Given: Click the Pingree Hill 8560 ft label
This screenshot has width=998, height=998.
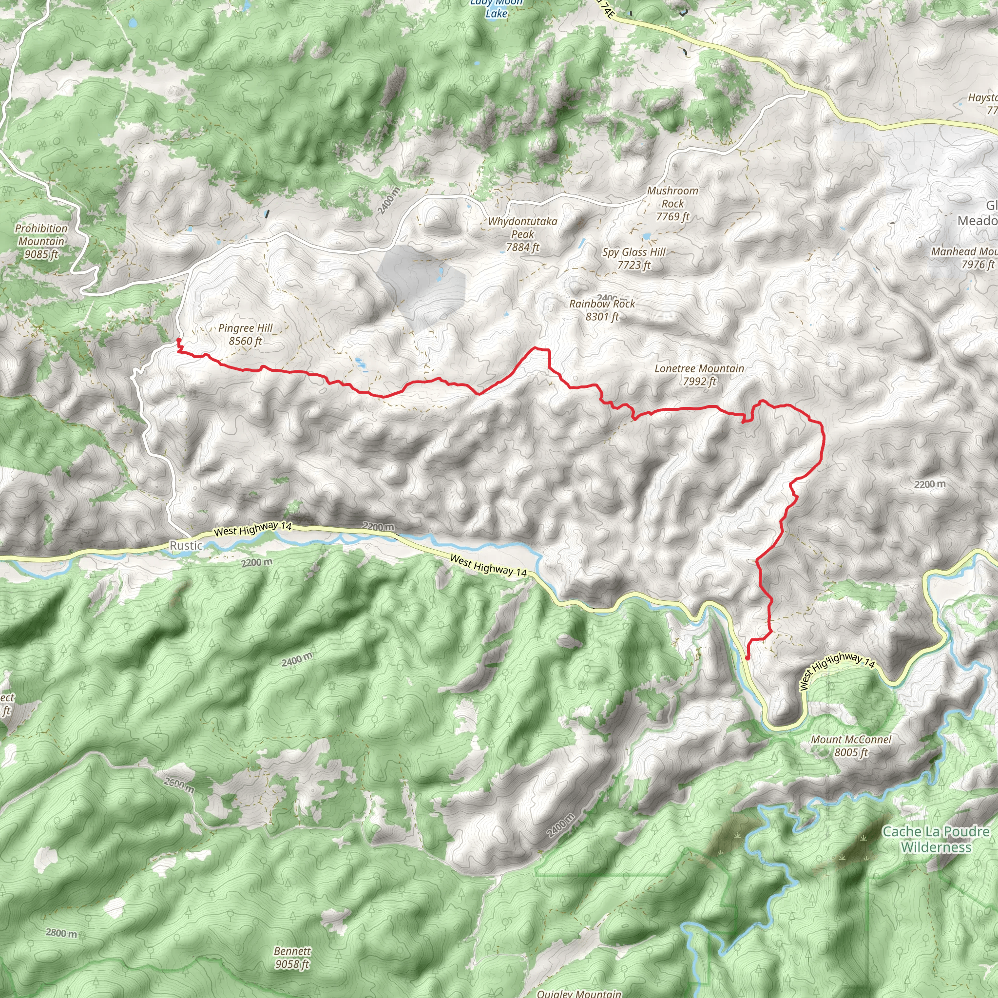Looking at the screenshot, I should pyautogui.click(x=246, y=334).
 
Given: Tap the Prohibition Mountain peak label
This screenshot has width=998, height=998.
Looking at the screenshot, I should pyautogui.click(x=41, y=241).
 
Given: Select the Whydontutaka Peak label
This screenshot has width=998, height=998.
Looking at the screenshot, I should pyautogui.click(x=523, y=234).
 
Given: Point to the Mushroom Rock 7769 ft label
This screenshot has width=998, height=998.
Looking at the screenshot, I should pyautogui.click(x=672, y=204).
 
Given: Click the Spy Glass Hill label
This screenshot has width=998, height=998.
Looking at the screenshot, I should pyautogui.click(x=634, y=258).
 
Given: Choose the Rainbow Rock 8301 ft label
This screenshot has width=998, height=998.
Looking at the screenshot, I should pyautogui.click(x=602, y=310).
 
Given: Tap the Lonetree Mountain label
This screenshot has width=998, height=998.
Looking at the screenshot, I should pyautogui.click(x=699, y=375).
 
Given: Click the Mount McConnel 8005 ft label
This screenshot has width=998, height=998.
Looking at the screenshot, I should pyautogui.click(x=851, y=746).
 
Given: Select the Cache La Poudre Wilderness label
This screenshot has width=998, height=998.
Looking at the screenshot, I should pyautogui.click(x=936, y=839).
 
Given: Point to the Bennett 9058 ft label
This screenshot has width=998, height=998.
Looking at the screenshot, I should pyautogui.click(x=292, y=957).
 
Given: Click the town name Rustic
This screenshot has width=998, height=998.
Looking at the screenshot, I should pyautogui.click(x=186, y=545).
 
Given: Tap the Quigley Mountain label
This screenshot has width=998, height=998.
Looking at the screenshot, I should pyautogui.click(x=579, y=993).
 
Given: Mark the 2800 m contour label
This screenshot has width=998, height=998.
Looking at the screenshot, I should pyautogui.click(x=61, y=933).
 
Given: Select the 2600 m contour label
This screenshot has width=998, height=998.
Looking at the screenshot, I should pyautogui.click(x=179, y=785).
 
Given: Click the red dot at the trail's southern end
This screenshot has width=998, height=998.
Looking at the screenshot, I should pyautogui.click(x=748, y=658).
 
